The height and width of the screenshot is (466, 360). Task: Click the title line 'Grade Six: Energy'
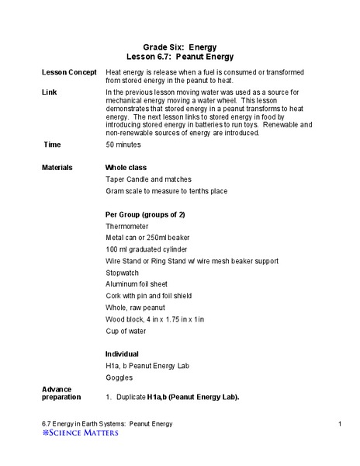point(179,47)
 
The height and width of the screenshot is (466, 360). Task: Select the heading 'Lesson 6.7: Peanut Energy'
point(179,57)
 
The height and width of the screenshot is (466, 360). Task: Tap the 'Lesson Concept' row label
point(69,72)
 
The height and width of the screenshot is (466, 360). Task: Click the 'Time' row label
point(52,145)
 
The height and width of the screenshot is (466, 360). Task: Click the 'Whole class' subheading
point(126,167)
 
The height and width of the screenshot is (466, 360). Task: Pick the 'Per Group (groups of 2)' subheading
point(145,214)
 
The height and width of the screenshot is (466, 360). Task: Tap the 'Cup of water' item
point(127,331)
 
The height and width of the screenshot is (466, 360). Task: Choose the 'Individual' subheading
point(123,354)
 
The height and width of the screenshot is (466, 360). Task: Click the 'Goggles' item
point(119,377)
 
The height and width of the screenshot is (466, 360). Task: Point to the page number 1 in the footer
point(341,423)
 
